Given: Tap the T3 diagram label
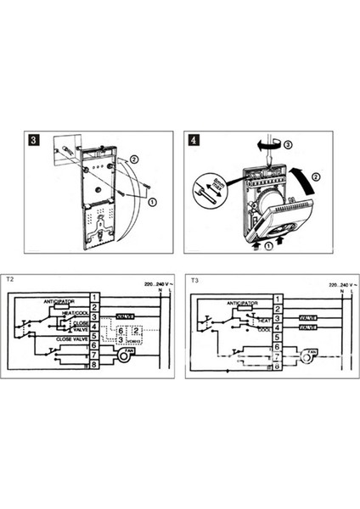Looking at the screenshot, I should pyautogui.click(x=194, y=277).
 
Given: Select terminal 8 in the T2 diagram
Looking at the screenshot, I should pyautogui.click(x=95, y=365).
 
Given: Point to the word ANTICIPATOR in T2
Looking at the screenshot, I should pyautogui.click(x=59, y=300).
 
